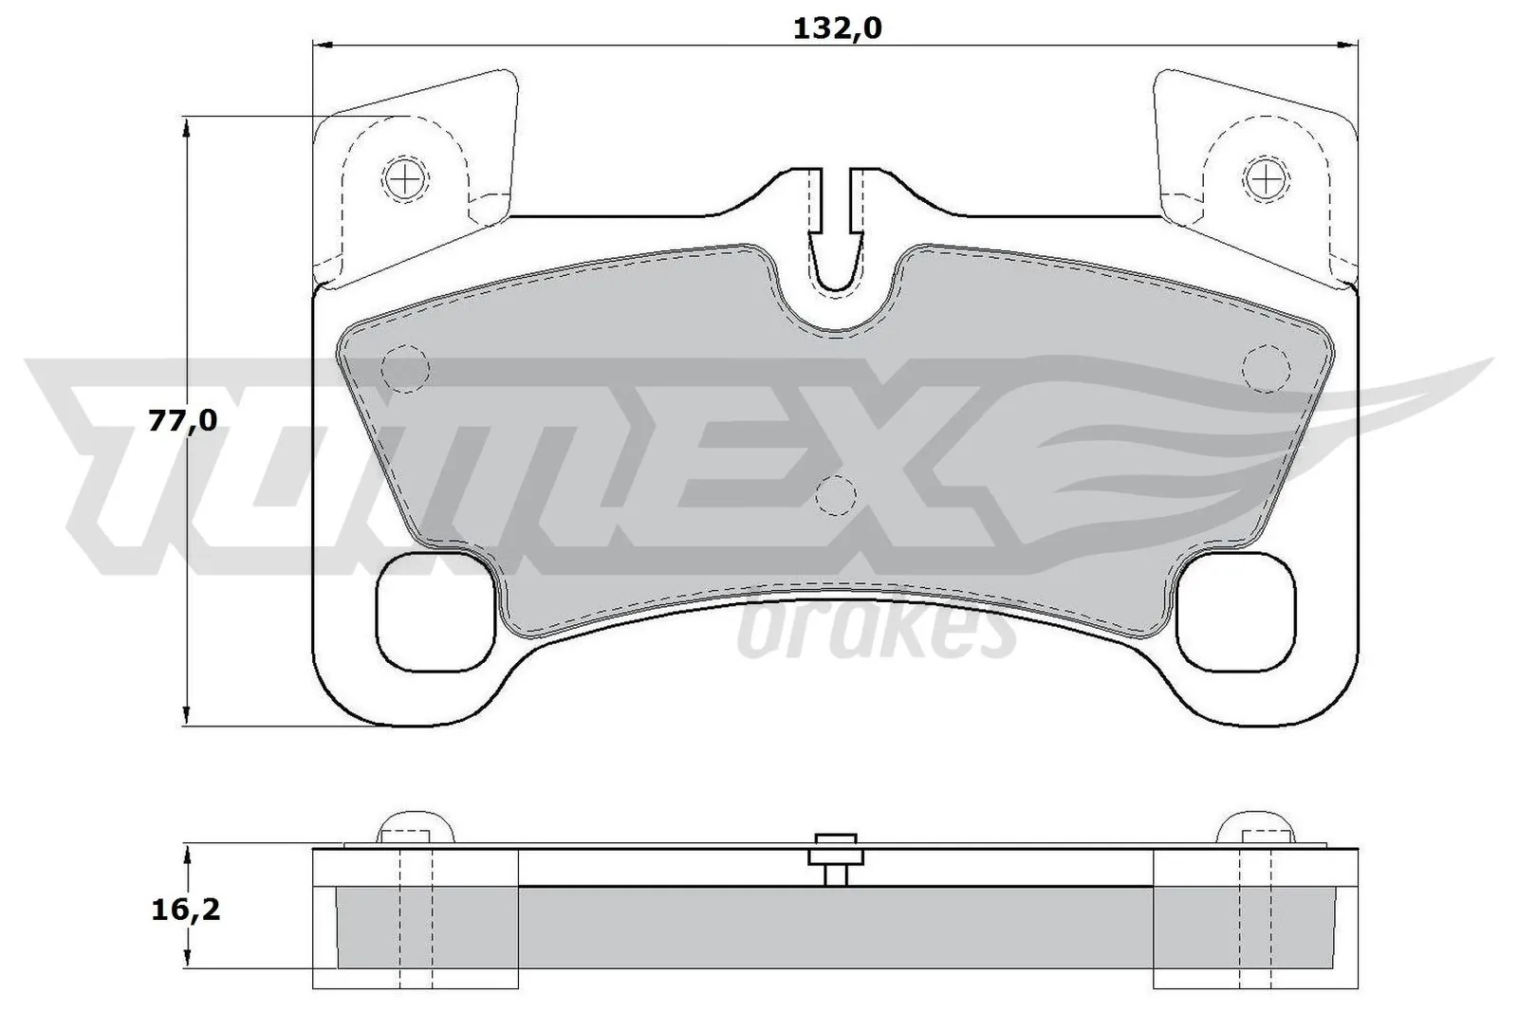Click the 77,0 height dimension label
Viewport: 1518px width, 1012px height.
183,420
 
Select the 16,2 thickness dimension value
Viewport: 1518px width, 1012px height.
186,911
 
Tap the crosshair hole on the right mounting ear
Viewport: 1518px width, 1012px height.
1267,176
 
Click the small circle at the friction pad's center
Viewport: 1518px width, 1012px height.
836,494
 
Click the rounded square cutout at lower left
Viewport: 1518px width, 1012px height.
436,611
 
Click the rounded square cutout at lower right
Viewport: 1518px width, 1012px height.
1235,611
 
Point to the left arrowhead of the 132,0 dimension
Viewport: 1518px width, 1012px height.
323,44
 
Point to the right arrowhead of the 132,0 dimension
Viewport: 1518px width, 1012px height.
1349,44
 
